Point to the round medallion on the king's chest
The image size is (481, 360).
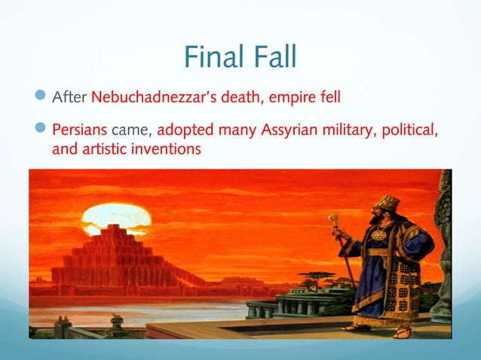379,234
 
